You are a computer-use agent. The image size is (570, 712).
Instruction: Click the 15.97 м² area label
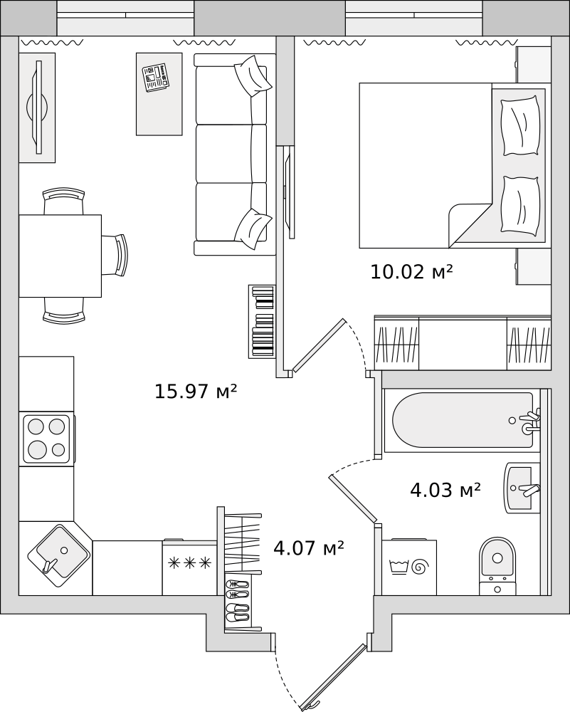tap(196, 391)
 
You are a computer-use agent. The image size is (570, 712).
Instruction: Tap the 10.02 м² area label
tap(411, 271)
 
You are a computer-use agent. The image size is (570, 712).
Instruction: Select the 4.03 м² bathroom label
tap(445, 490)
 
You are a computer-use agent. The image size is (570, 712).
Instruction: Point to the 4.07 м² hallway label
tap(309, 548)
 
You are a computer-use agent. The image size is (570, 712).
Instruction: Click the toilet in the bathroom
tap(498, 566)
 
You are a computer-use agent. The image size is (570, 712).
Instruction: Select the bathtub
tap(462, 421)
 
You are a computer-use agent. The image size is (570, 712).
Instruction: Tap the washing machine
tap(409, 567)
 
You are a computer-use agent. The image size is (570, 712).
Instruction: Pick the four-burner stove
tap(46, 438)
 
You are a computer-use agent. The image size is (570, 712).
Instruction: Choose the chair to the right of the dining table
tap(115, 254)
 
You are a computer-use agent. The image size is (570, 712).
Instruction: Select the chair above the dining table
tap(63, 201)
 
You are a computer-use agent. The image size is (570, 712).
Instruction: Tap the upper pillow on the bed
tap(520, 125)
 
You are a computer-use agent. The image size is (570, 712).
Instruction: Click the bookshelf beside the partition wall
tap(263, 322)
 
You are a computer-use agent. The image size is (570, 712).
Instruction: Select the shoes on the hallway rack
tap(238, 600)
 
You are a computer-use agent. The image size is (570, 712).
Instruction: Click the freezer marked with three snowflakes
tap(190, 567)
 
